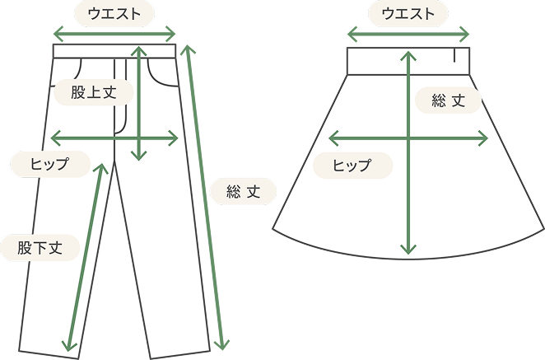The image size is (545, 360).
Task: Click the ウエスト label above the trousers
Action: [x=114, y=13]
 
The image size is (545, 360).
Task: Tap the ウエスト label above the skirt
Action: [x=408, y=13]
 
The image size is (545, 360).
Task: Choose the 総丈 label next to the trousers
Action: [x=243, y=193]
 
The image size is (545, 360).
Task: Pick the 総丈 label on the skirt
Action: [x=449, y=101]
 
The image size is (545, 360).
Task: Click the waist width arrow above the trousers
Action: [x=115, y=34]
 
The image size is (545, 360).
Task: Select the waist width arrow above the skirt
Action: [x=408, y=35]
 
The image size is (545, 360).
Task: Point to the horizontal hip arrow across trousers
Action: [x=82, y=138]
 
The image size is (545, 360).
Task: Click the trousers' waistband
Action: [x=91, y=51]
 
